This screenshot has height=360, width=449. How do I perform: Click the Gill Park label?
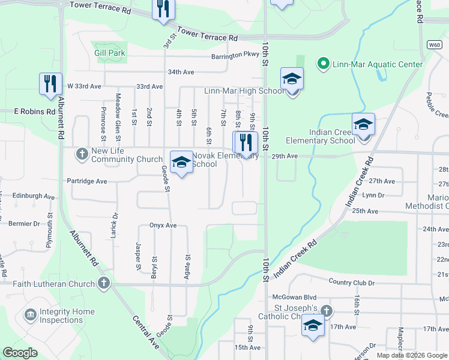tap(110, 53)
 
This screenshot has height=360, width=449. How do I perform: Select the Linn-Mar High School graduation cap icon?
tap(292, 80)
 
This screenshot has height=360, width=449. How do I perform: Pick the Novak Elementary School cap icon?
tap(181, 163)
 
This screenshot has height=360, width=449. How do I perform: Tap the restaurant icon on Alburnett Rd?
tap(51, 84)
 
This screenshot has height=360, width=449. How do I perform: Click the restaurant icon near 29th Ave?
tap(245, 143)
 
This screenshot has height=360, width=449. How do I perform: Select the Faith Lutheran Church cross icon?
tap(104, 283)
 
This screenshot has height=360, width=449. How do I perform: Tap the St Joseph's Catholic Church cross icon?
tap(326, 311)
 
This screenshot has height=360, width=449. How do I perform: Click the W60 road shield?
tap(435, 45)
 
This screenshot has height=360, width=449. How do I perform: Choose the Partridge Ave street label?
tap(87, 181)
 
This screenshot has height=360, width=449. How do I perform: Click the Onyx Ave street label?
tap(163, 226)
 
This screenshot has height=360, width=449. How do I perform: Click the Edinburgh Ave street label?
tap(34, 196)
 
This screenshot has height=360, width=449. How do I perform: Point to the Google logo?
tap(20, 353)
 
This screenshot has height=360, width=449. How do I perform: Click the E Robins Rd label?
tap(26, 112)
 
